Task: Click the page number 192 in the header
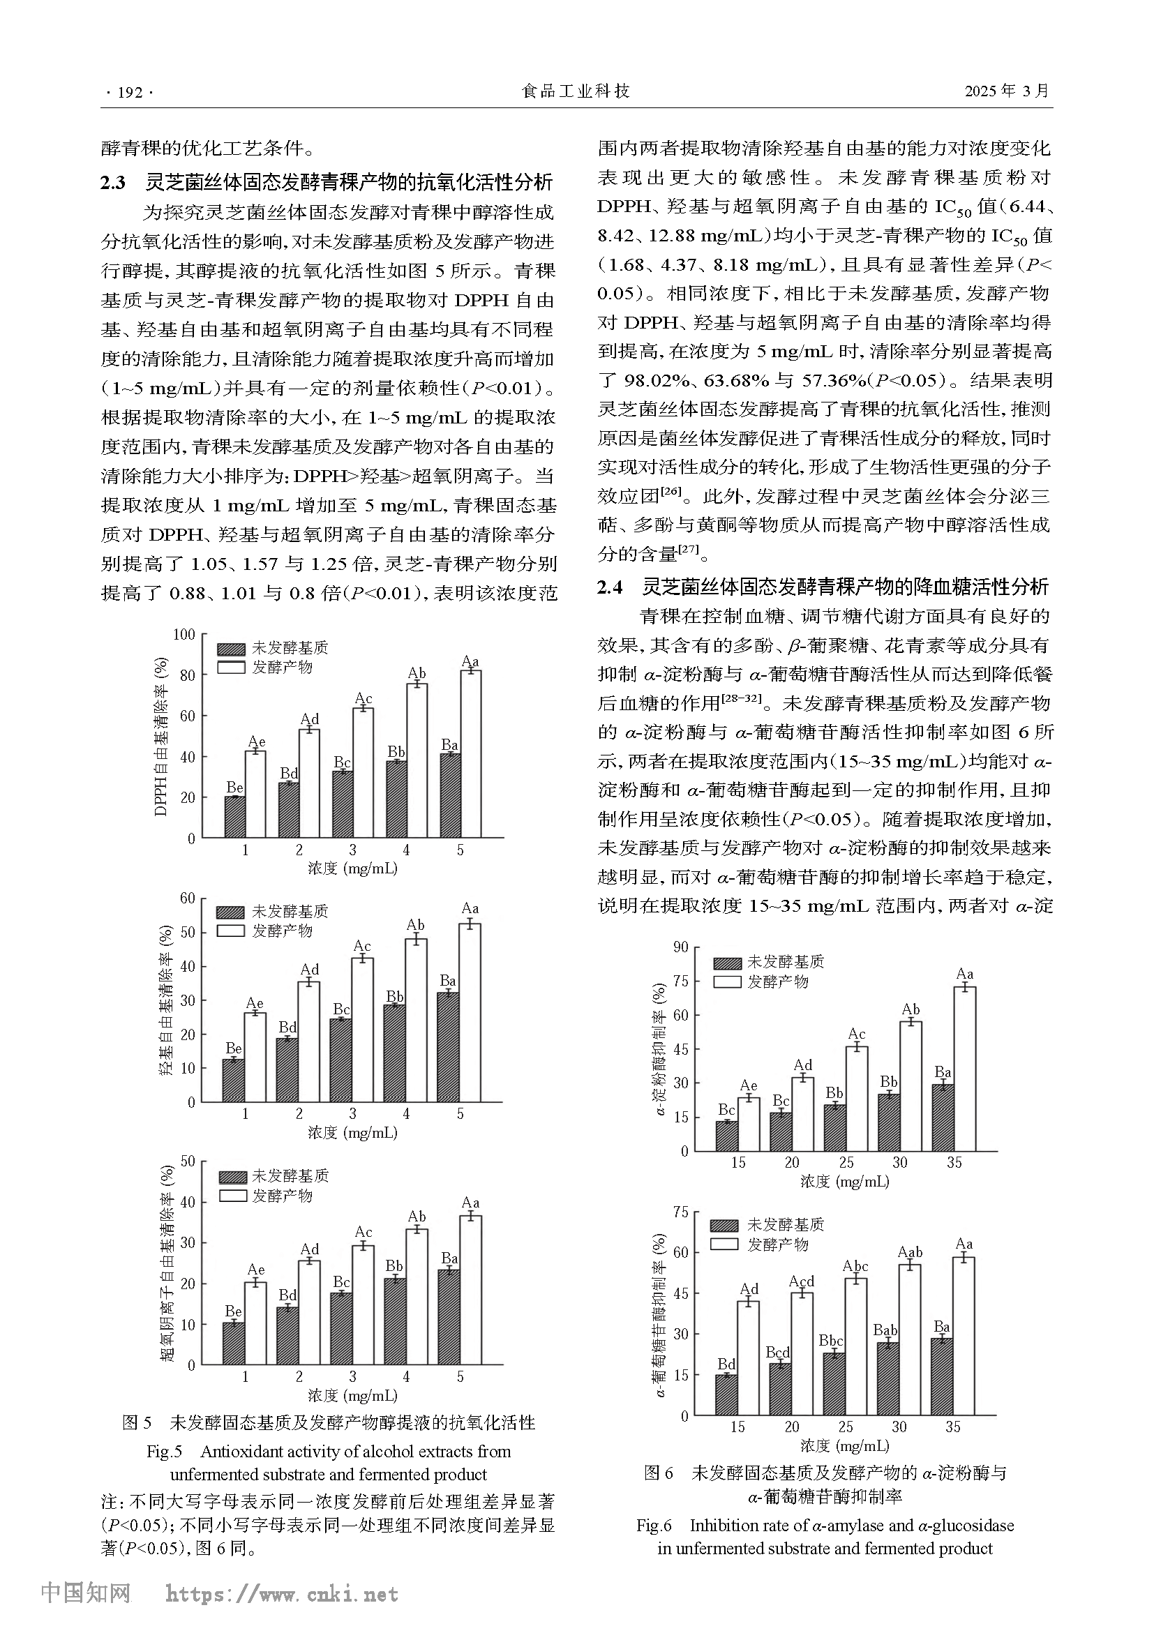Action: tap(129, 92)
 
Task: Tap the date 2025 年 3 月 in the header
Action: tap(1007, 91)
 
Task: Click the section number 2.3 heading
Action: tap(113, 183)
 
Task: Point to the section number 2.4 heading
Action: tap(610, 587)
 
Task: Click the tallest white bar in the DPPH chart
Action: tap(470, 753)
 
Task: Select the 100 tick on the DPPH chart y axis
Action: tap(185, 634)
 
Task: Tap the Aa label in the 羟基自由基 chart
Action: tap(470, 908)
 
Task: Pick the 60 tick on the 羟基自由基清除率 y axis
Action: tap(187, 898)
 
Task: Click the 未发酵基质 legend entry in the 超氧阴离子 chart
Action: tap(290, 1175)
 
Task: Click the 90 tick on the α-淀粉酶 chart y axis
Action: tap(680, 947)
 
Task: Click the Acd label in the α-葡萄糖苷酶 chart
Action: tap(802, 1281)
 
